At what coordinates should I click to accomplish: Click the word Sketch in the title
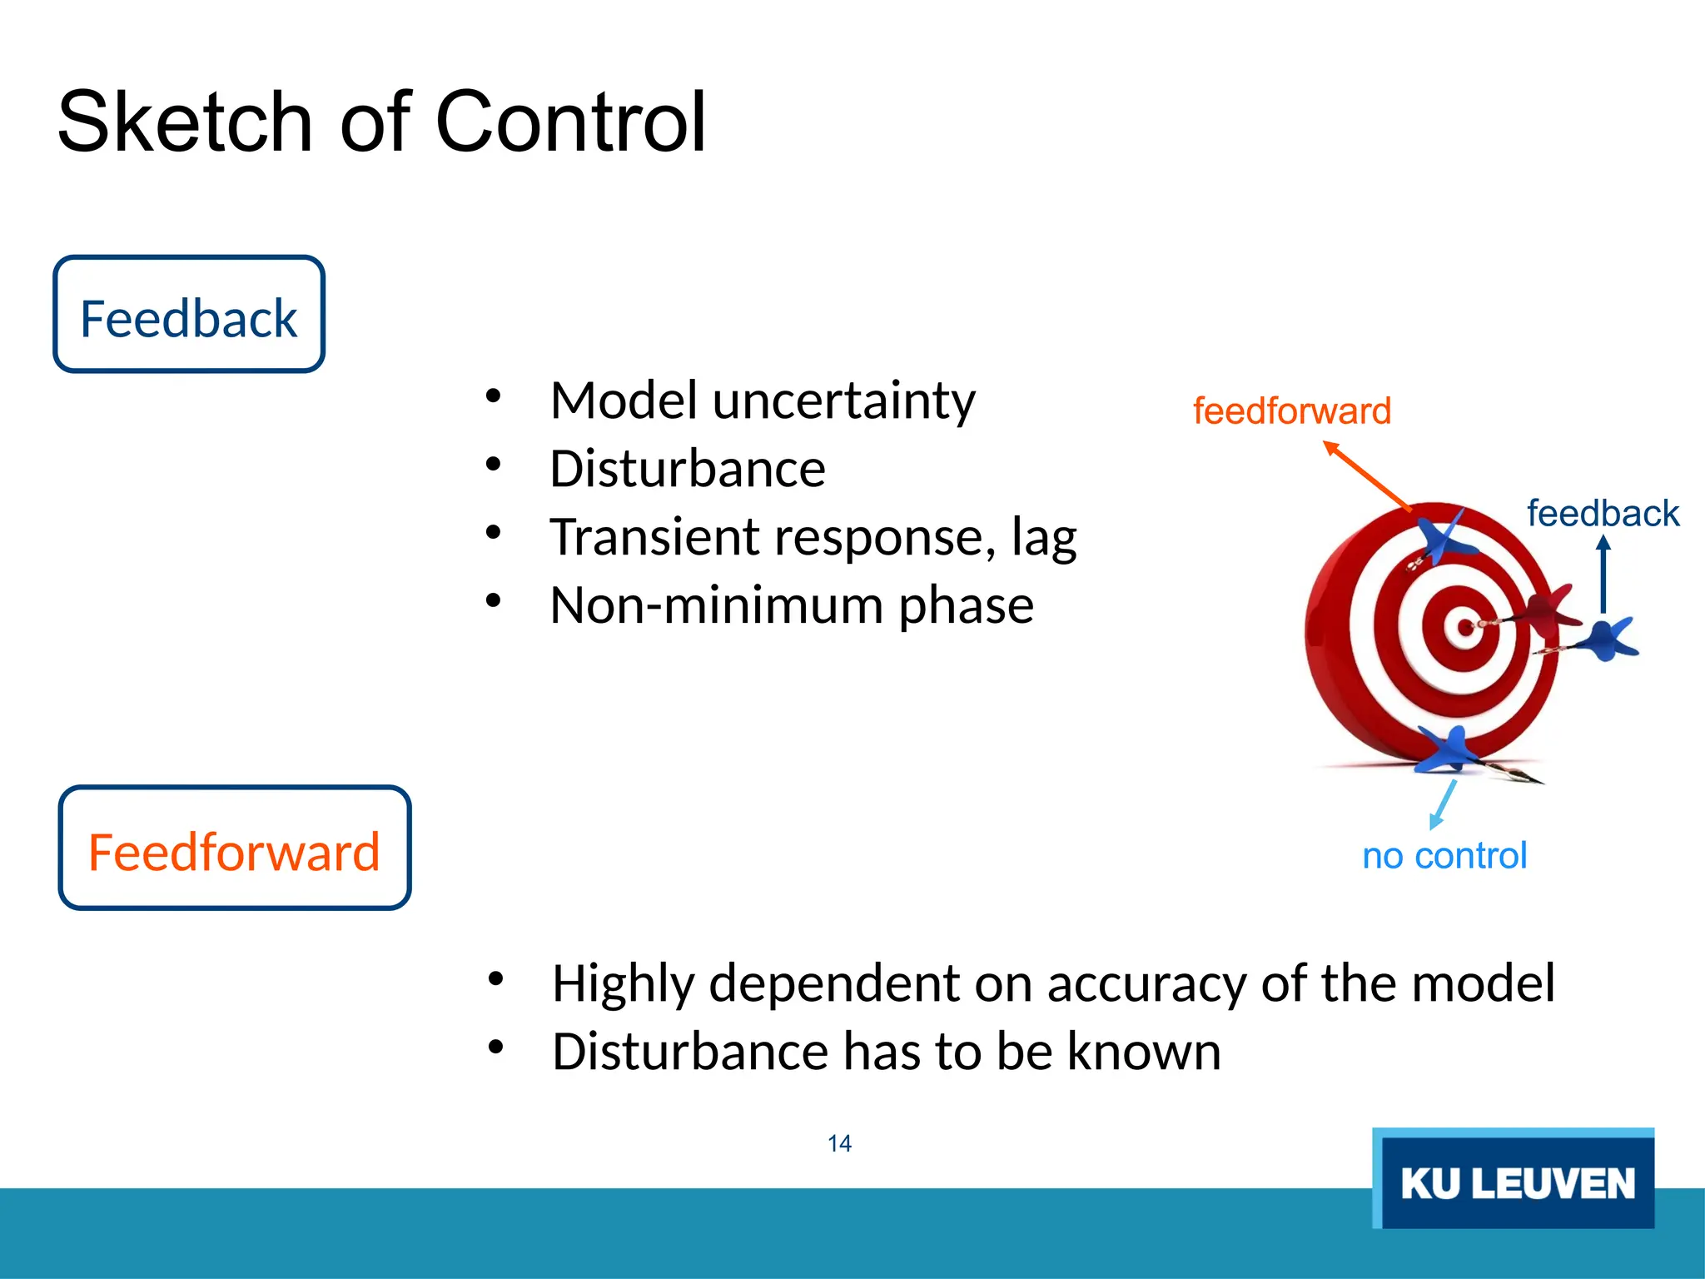pyautogui.click(x=184, y=123)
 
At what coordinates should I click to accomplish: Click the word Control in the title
pyautogui.click(x=570, y=123)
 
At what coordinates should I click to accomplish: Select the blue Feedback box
pyautogui.click(x=189, y=315)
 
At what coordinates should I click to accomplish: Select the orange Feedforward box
pyautogui.click(x=234, y=849)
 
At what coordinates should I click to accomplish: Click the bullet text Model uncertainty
pyautogui.click(x=762, y=401)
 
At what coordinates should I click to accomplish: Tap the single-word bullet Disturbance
pyautogui.click(x=687, y=469)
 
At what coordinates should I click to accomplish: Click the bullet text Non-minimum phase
pyautogui.click(x=791, y=605)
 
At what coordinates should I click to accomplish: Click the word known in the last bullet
pyautogui.click(x=1144, y=1053)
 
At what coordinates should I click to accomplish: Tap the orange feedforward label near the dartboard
pyautogui.click(x=1291, y=411)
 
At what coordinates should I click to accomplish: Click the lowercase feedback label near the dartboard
pyautogui.click(x=1603, y=514)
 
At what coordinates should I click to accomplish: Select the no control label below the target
pyautogui.click(x=1444, y=856)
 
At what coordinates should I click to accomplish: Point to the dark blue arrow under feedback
pyautogui.click(x=1603, y=575)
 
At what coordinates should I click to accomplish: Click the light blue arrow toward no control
pyautogui.click(x=1444, y=804)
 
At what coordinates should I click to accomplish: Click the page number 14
pyautogui.click(x=839, y=1143)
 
